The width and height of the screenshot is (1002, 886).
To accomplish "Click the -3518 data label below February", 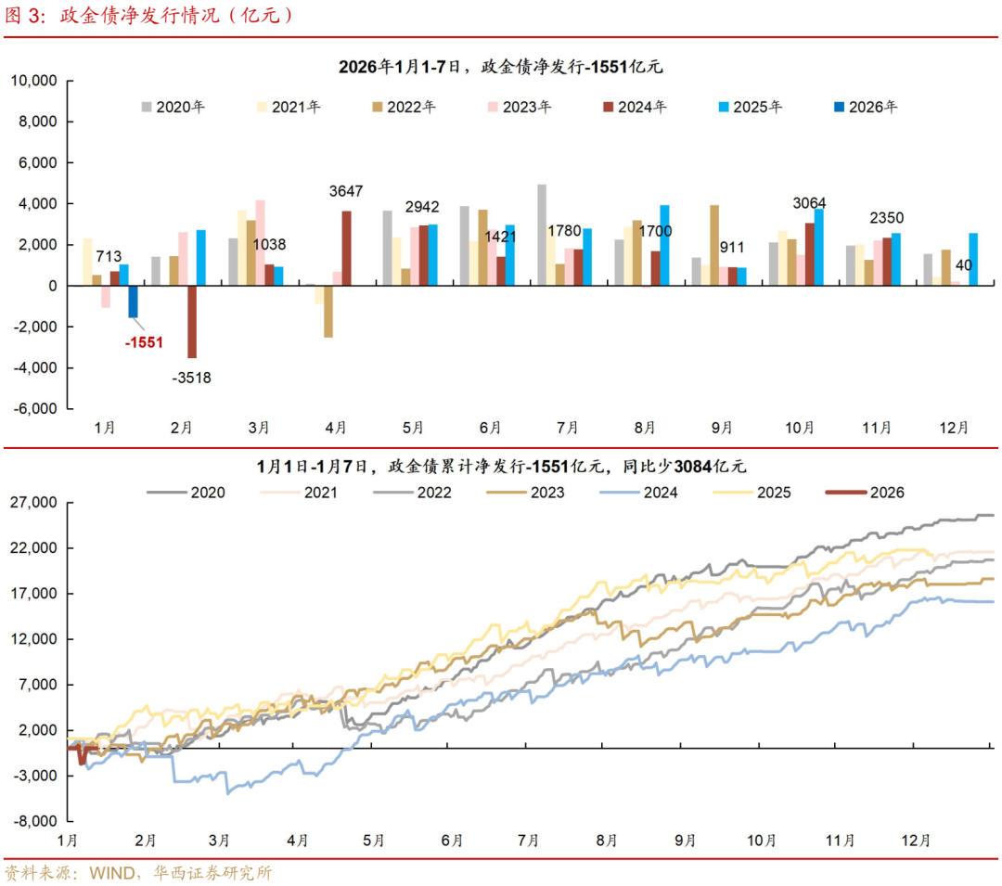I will (x=192, y=377).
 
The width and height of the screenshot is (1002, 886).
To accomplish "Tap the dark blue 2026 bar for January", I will (x=133, y=302).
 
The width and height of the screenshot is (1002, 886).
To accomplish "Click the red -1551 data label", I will (x=144, y=341).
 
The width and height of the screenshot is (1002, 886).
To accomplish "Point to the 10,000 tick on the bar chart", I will (x=34, y=82).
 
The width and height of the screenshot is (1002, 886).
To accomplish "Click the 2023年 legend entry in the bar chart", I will (x=519, y=107).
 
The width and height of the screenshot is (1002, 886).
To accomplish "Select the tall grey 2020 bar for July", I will (x=542, y=235).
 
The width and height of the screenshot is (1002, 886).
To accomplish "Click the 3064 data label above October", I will (x=809, y=203).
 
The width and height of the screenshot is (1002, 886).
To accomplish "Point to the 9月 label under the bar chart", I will (x=723, y=428).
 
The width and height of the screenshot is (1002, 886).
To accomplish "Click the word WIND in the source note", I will (x=112, y=872).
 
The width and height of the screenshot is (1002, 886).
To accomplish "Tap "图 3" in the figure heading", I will (x=25, y=16).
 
